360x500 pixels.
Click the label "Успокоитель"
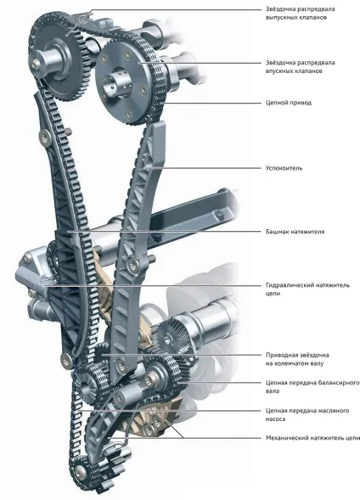pyautogui.click(x=284, y=168)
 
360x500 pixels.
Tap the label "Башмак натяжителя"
pyautogui.click(x=295, y=232)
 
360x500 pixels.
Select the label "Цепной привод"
pyautogui.click(x=289, y=103)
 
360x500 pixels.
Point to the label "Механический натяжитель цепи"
pyautogui.click(x=312, y=438)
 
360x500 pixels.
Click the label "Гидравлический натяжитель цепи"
pyautogui.click(x=307, y=289)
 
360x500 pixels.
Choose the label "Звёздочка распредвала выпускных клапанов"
pyautogui.click(x=300, y=13)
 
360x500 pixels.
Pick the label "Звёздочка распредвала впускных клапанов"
pyautogui.click(x=300, y=67)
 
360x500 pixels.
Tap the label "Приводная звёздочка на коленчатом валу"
pyautogui.click(x=297, y=359)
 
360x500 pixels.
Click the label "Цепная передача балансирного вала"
pyautogui.click(x=312, y=386)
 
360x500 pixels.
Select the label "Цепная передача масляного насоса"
pyautogui.click(x=307, y=414)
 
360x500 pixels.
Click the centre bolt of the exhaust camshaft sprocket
pyautogui.click(x=36, y=63)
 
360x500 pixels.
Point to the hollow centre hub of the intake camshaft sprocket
pyautogui.click(x=113, y=83)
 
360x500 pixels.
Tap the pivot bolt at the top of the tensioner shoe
pyautogui.click(x=44, y=137)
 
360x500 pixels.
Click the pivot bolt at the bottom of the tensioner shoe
pyautogui.click(x=66, y=360)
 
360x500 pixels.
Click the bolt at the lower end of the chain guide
pyautogui.click(x=121, y=364)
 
